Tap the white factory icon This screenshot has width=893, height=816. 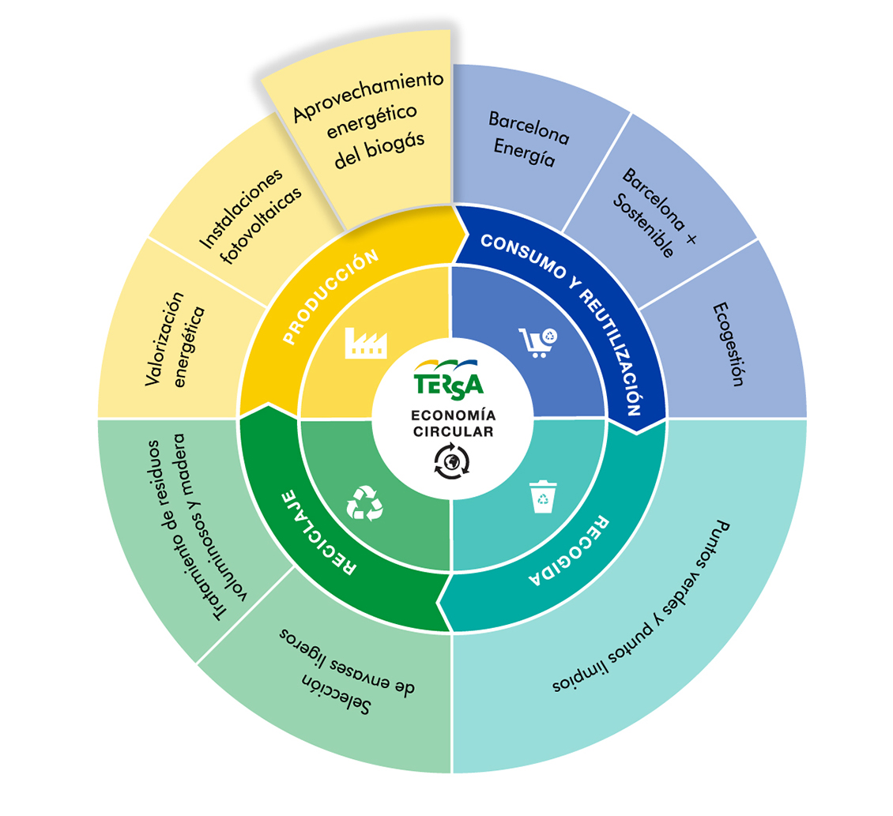(x=366, y=343)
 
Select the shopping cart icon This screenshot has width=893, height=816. (x=537, y=343)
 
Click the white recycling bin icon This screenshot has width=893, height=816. (x=544, y=497)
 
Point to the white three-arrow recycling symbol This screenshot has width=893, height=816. (x=364, y=503)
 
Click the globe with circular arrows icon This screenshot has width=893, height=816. (x=452, y=461)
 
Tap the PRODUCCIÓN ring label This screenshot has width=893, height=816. (x=330, y=297)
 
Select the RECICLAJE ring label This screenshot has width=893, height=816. (x=319, y=532)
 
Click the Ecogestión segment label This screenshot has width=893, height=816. (x=729, y=344)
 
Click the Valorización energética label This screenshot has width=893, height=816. (x=175, y=340)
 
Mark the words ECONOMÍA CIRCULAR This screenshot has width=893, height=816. (x=454, y=423)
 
